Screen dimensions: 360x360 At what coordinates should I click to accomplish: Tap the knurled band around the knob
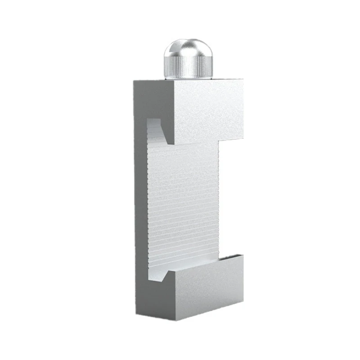pyautogui.click(x=188, y=67)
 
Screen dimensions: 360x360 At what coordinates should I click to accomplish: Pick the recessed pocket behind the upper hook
pyautogui.click(x=155, y=128)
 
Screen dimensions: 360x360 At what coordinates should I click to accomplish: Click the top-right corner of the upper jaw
pyautogui.click(x=243, y=81)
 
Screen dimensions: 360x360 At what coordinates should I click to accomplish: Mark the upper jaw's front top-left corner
pyautogui.click(x=174, y=81)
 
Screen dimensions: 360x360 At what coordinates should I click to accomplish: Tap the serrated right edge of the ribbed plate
pyautogui.click(x=218, y=202)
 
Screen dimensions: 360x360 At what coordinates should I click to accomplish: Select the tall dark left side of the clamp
pyautogui.click(x=140, y=202)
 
